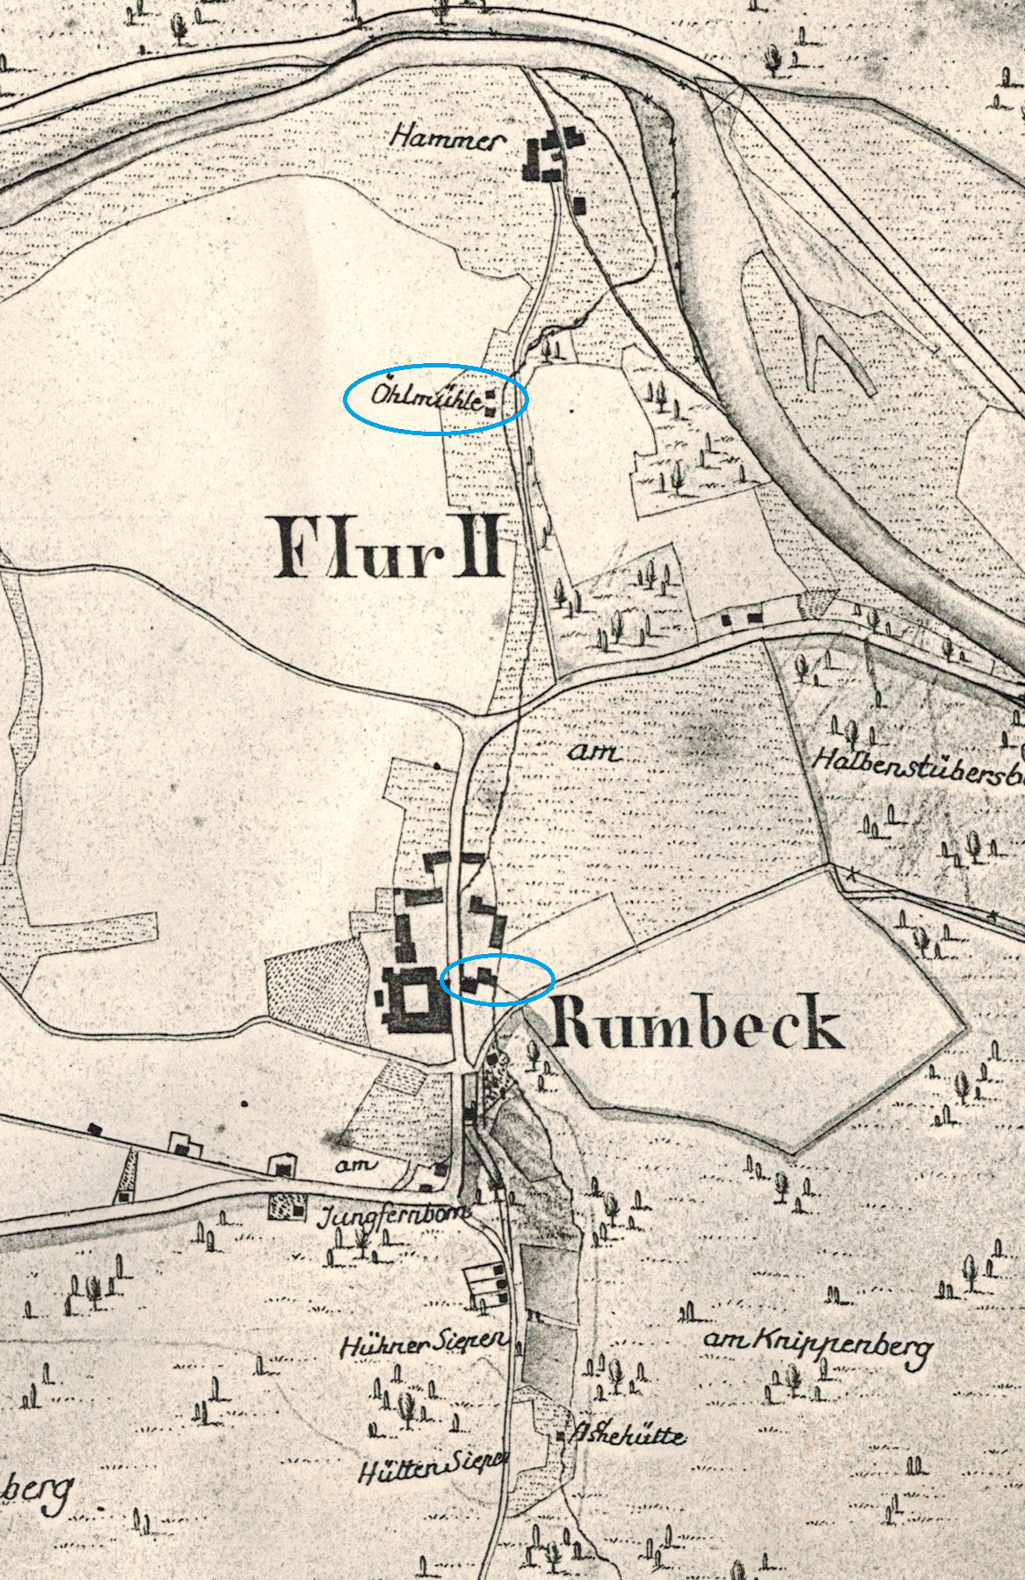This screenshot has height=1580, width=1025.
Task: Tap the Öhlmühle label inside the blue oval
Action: coord(425,397)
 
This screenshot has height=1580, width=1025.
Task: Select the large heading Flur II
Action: coord(388,547)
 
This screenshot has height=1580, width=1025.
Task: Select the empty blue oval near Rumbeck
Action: coord(498,979)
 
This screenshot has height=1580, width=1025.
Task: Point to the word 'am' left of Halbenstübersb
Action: coord(594,754)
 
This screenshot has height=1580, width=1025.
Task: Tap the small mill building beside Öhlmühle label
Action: coord(490,401)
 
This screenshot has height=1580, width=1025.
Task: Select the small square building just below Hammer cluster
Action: coord(578,204)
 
